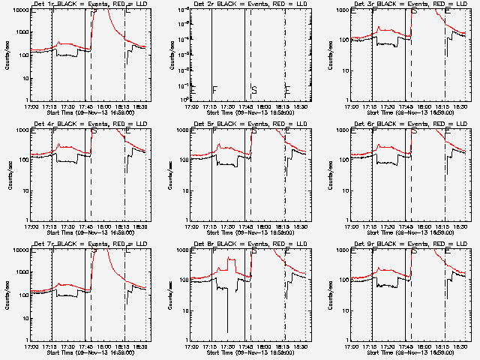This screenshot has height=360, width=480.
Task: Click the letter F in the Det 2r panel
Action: click(x=214, y=90)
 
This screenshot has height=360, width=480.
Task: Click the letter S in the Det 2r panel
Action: click(x=254, y=90)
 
